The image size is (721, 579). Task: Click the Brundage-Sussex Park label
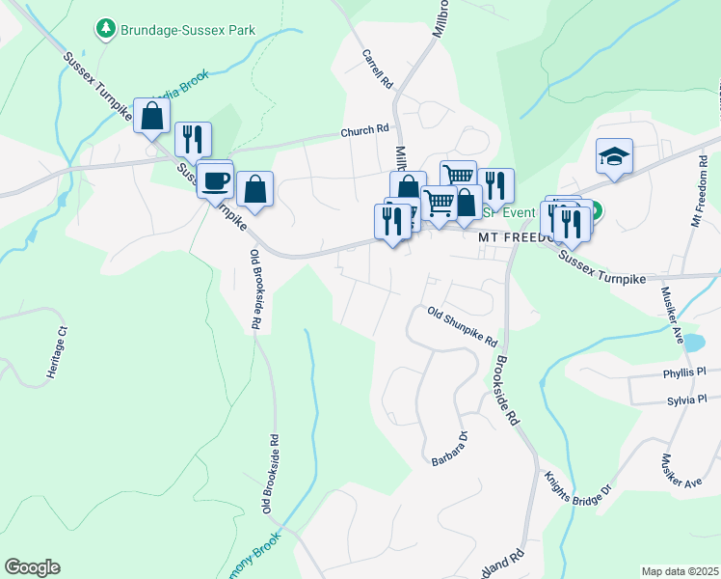188,30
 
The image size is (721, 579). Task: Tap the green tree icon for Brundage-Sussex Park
106,30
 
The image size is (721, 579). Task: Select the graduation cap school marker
614,156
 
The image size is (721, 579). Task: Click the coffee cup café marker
216,179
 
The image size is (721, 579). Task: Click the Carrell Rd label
377,70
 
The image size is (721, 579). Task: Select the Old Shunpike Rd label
463,327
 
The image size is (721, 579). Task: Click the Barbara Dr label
449,449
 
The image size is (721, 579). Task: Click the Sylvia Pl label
684,399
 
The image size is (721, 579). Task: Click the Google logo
32,567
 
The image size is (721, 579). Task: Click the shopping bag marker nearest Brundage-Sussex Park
152,118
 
